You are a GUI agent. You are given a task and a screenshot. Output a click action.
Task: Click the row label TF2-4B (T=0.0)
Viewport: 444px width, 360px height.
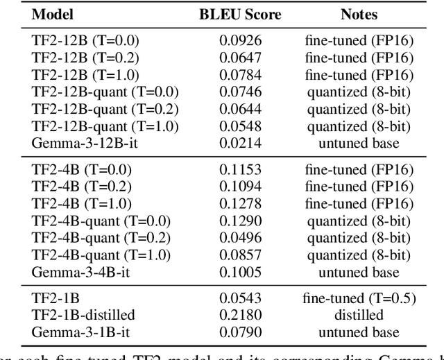(81, 170)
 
